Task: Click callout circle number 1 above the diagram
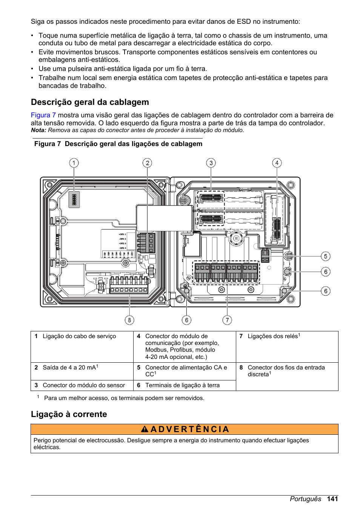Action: [x=74, y=163]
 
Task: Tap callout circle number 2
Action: [x=147, y=163]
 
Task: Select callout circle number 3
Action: [x=211, y=163]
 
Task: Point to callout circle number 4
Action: [x=277, y=163]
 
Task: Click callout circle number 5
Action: [x=326, y=256]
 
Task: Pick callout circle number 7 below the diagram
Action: [x=227, y=320]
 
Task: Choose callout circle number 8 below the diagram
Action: [x=129, y=320]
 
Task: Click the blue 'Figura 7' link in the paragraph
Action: [x=43, y=115]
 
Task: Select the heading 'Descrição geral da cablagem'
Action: [x=90, y=102]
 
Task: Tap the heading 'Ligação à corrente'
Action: [x=69, y=414]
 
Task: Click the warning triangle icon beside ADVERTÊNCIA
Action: [x=145, y=429]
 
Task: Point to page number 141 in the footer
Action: [x=332, y=499]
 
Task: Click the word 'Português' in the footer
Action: [x=305, y=499]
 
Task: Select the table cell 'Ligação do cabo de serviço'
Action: [x=79, y=336]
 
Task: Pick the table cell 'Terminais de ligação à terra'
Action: [x=182, y=385]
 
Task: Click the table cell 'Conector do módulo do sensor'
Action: [x=84, y=385]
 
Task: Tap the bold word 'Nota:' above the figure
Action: [x=38, y=130]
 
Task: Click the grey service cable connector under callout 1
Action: [x=74, y=199]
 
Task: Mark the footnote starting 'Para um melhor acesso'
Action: [x=124, y=398]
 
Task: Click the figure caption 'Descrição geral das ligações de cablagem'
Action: [x=134, y=144]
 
